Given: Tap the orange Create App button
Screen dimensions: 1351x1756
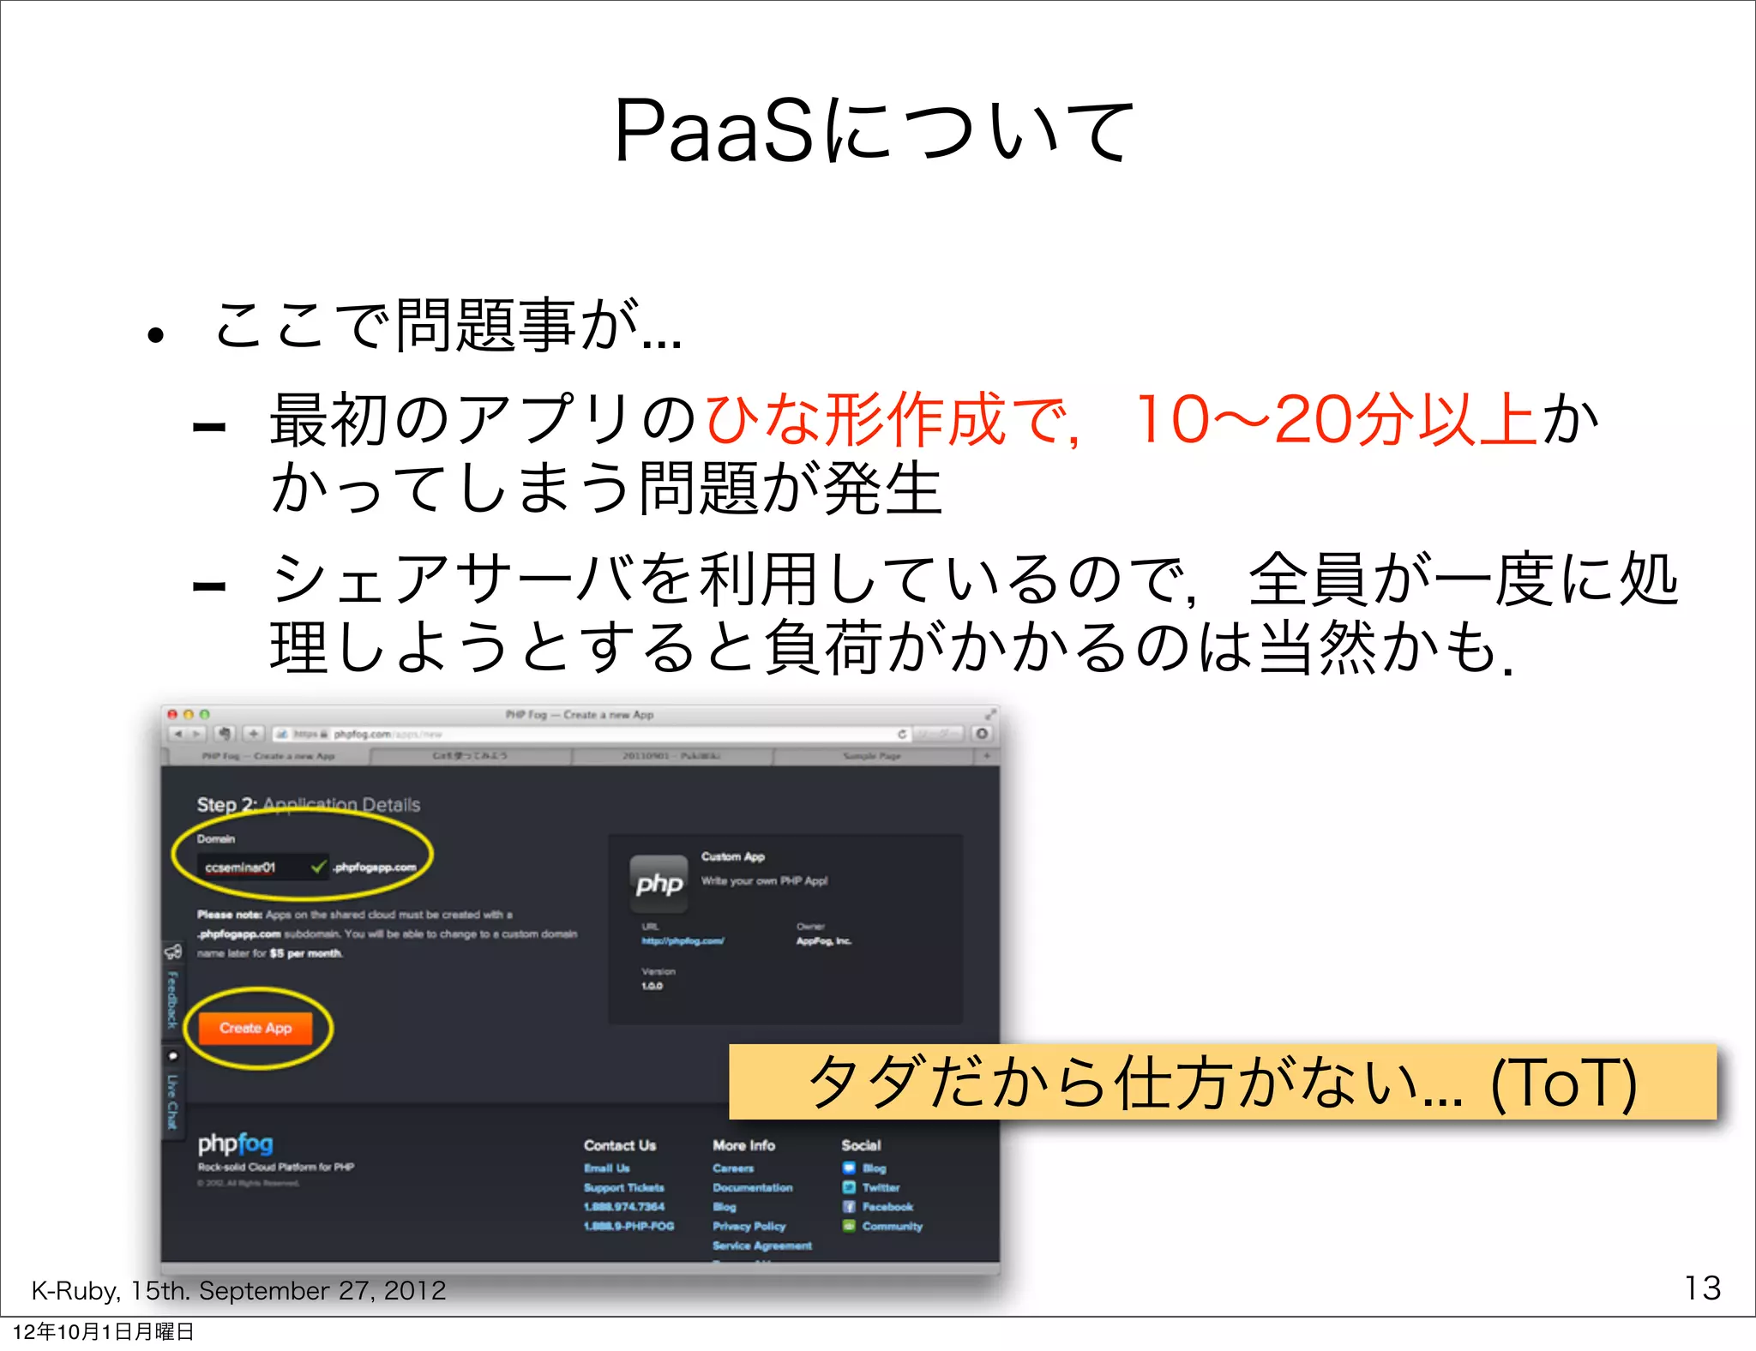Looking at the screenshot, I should click(x=256, y=1028).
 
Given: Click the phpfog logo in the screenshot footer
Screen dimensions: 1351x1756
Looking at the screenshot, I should click(x=236, y=1144).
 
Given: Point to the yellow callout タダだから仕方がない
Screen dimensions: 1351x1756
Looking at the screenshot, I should click(x=1222, y=1082).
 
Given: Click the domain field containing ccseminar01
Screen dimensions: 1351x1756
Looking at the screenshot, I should click(x=249, y=868).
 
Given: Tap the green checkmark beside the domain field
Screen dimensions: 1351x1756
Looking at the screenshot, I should click(x=318, y=867).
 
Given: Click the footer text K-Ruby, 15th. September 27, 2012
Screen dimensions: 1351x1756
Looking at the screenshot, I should click(x=238, y=1290).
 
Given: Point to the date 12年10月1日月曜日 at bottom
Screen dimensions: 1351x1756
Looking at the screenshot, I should click(x=103, y=1331).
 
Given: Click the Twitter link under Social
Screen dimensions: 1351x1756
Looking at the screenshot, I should click(x=881, y=1187).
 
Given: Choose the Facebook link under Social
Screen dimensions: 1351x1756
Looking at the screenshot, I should click(x=887, y=1207).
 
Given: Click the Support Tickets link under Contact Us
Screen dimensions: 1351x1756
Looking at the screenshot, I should click(x=624, y=1187).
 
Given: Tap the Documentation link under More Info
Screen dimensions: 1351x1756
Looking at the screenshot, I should click(x=752, y=1187).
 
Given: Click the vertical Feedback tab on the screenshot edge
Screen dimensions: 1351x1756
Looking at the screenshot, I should click(x=171, y=999).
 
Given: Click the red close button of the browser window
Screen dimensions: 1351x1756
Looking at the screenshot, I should click(x=172, y=714).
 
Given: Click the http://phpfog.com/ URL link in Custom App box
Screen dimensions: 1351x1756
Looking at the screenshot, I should click(x=683, y=941).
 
